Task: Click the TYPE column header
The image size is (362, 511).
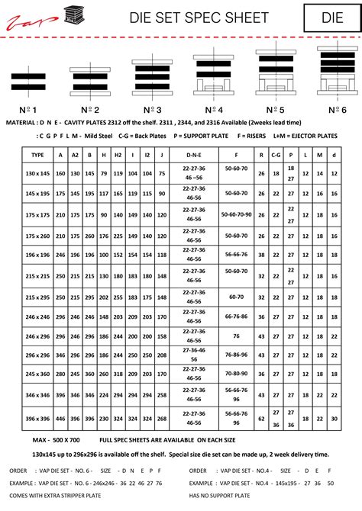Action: (x=37, y=154)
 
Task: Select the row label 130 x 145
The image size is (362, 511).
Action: (x=37, y=174)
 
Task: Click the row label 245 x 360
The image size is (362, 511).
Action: (x=37, y=374)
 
